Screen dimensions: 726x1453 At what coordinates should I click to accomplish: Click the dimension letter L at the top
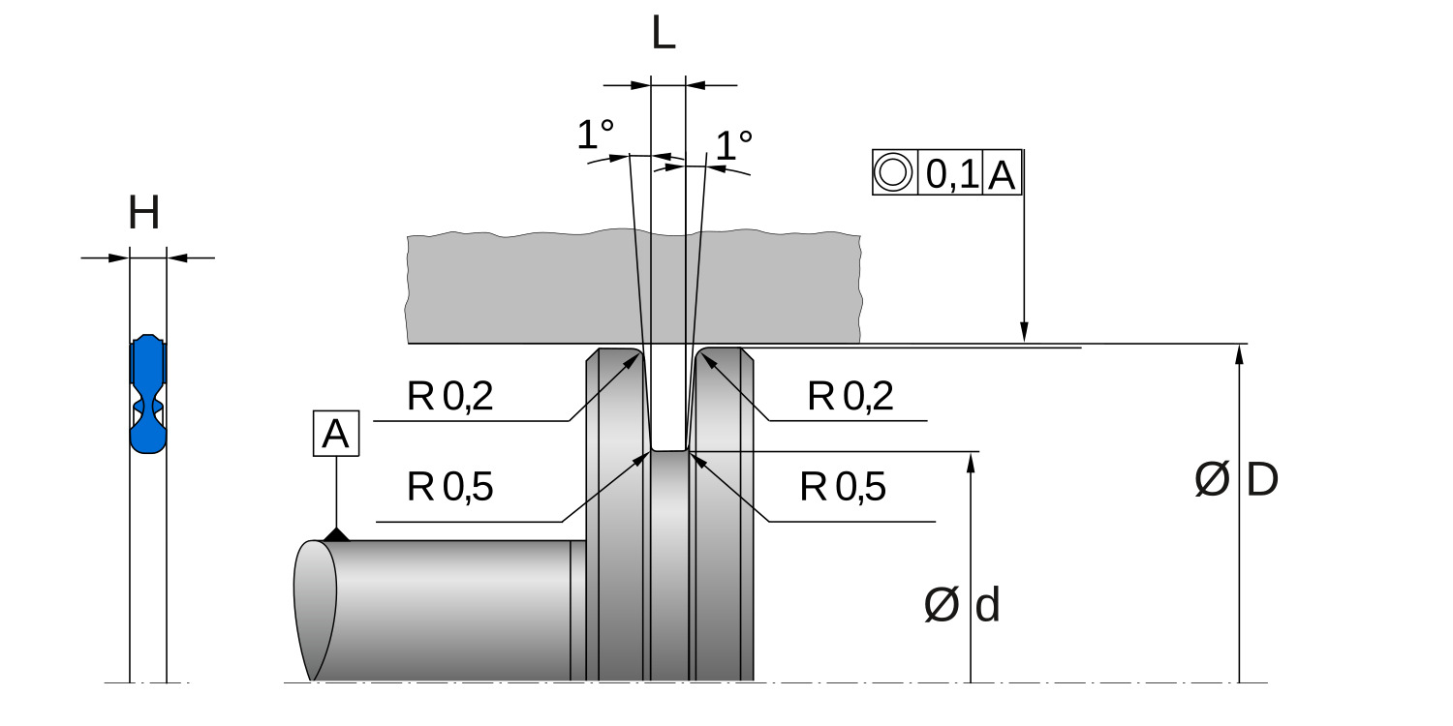click(664, 35)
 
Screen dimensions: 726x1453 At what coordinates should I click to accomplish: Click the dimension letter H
click(144, 214)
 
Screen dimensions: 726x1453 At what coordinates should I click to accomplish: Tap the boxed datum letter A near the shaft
click(336, 435)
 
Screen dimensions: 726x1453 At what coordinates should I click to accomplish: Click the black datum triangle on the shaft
click(336, 534)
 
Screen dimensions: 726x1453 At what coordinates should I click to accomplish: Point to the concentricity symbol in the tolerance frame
click(893, 173)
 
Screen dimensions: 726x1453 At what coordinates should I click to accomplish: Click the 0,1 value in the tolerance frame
click(951, 174)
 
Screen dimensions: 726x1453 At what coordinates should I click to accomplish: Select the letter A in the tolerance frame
click(1002, 174)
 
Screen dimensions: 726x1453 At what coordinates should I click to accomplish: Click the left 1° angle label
click(595, 136)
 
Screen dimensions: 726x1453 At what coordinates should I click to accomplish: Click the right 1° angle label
click(733, 145)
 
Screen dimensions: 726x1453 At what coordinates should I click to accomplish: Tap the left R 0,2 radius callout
click(450, 397)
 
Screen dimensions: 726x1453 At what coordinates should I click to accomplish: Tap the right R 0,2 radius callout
click(850, 397)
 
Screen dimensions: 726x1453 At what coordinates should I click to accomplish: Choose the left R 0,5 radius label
click(450, 488)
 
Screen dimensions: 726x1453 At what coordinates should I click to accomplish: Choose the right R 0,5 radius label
click(843, 488)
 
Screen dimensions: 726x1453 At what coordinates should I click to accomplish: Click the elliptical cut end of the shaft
click(315, 610)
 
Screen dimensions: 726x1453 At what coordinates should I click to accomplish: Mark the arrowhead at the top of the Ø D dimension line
click(1239, 354)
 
